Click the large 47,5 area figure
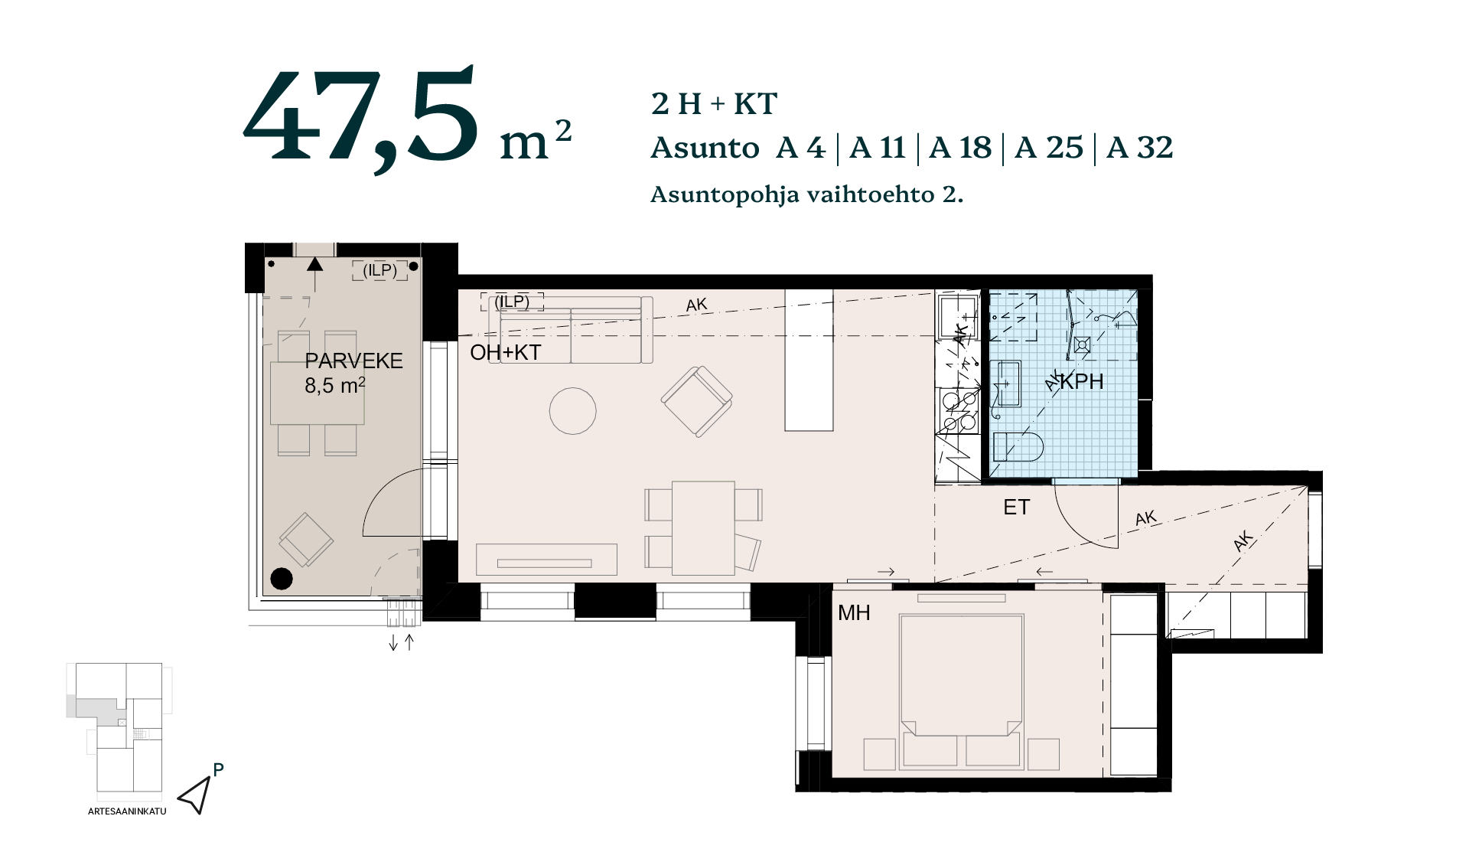362,119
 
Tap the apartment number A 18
960,148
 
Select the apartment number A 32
1139,148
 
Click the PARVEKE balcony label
353,361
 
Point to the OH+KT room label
505,353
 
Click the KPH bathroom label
1082,381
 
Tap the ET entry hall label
1016,507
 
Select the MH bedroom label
854,612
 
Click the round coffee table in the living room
572,411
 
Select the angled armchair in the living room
696,401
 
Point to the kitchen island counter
809,360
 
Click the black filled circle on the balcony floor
282,579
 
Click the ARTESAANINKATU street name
127,811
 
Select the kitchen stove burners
959,411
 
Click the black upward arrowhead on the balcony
314,264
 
